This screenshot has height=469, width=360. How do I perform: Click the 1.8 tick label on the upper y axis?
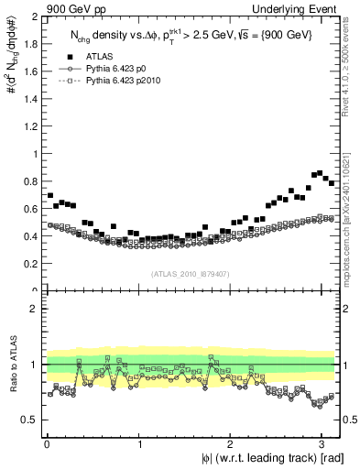32,45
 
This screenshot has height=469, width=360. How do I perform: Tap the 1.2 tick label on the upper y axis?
32,126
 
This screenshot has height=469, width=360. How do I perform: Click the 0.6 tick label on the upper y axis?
32,209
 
